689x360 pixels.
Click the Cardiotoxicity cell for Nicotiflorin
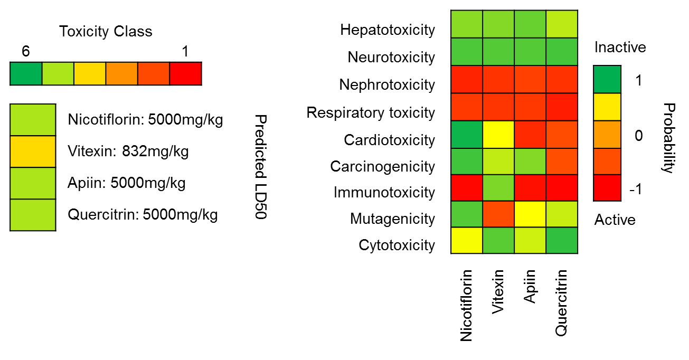point(467,135)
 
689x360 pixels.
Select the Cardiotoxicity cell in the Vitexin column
point(498,135)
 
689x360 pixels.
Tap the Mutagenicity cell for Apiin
point(530,214)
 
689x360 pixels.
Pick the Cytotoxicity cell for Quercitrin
point(562,240)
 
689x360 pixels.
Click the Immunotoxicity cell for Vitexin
point(498,187)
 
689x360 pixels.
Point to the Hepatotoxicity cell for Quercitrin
point(562,24)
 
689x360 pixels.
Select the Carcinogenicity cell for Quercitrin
point(562,161)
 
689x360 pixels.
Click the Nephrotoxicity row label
point(387,84)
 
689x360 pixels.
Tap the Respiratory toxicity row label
point(371,112)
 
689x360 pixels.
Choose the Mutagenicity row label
point(392,219)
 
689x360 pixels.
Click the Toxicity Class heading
point(106,32)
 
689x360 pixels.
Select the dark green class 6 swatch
point(26,73)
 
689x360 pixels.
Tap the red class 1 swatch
point(185,73)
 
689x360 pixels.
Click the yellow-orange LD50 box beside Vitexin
point(33,151)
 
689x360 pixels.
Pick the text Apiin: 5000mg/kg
point(127,183)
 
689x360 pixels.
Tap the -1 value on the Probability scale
point(636,190)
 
